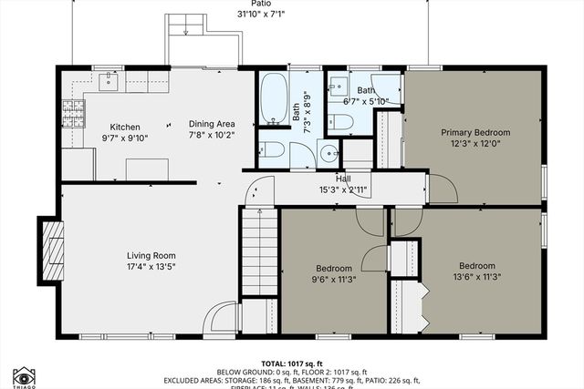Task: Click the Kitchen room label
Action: click(124, 127)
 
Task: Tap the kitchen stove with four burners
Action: click(73, 112)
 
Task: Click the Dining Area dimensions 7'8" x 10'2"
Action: click(212, 137)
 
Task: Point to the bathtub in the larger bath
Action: click(273, 100)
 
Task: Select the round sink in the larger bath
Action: click(327, 153)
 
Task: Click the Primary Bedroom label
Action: click(475, 132)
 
